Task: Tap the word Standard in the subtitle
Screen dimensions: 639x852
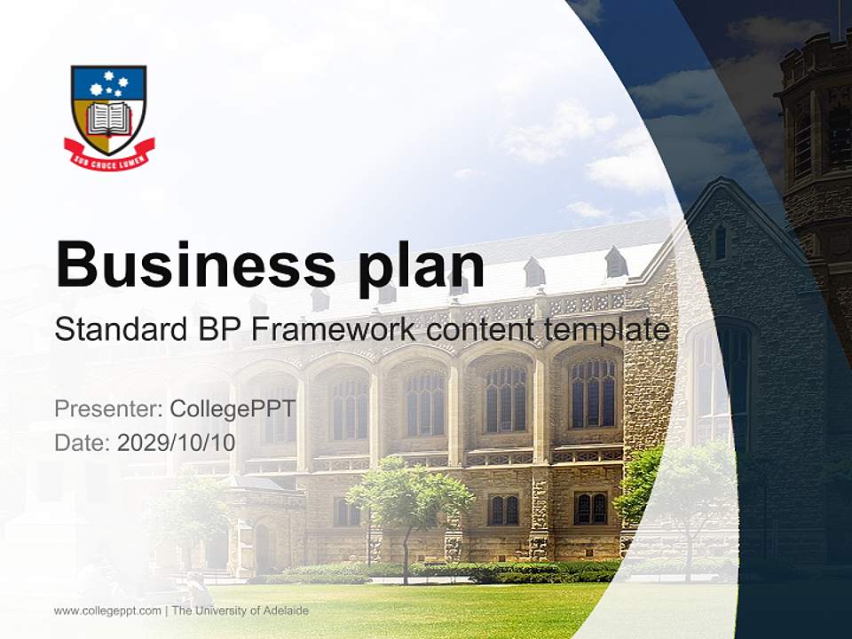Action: (118, 329)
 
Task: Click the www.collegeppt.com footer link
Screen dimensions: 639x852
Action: (107, 611)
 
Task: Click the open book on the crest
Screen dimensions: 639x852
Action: (109, 117)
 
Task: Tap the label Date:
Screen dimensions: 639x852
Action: (82, 442)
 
